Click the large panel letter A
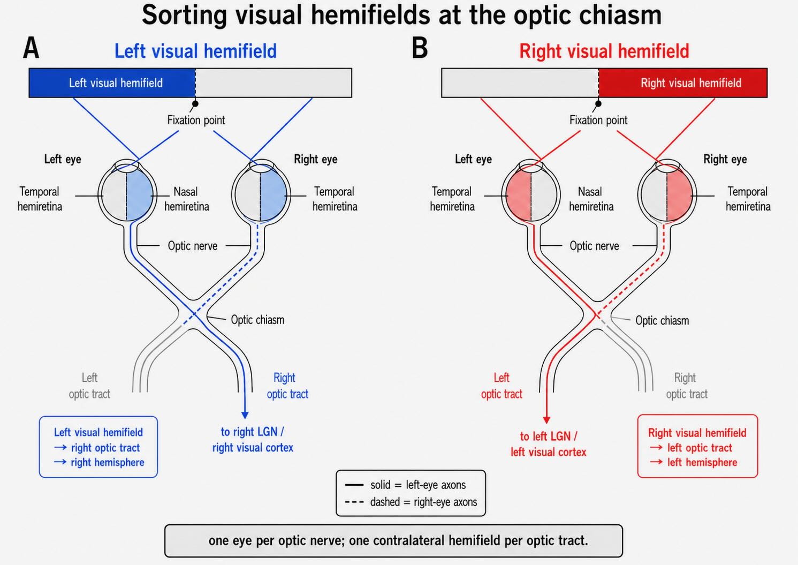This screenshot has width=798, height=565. coord(31,48)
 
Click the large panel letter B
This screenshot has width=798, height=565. coord(420,48)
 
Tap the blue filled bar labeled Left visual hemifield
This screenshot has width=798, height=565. coord(112,82)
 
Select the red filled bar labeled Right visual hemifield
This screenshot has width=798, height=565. coord(683,82)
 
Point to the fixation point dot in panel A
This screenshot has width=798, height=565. coord(195,104)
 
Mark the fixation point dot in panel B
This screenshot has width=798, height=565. coord(598,104)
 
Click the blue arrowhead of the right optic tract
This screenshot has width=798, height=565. coord(245,415)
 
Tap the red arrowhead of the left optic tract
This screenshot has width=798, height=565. coord(546,419)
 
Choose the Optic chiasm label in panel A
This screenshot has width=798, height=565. coord(257,320)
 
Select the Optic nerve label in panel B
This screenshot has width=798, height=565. coord(594,246)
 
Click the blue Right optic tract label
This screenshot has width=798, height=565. coord(287,386)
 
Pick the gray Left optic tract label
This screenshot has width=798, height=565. coord(89,386)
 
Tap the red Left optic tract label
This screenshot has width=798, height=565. coord(501,386)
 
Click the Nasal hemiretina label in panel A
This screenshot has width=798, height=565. coord(186,199)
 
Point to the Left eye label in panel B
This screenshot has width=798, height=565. coord(473,159)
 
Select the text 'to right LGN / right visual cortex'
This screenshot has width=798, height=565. coord(253,440)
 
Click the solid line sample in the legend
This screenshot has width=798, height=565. coord(354,485)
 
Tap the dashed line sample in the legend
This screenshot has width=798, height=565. coord(354,502)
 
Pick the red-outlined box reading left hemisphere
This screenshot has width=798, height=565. coord(697,446)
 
